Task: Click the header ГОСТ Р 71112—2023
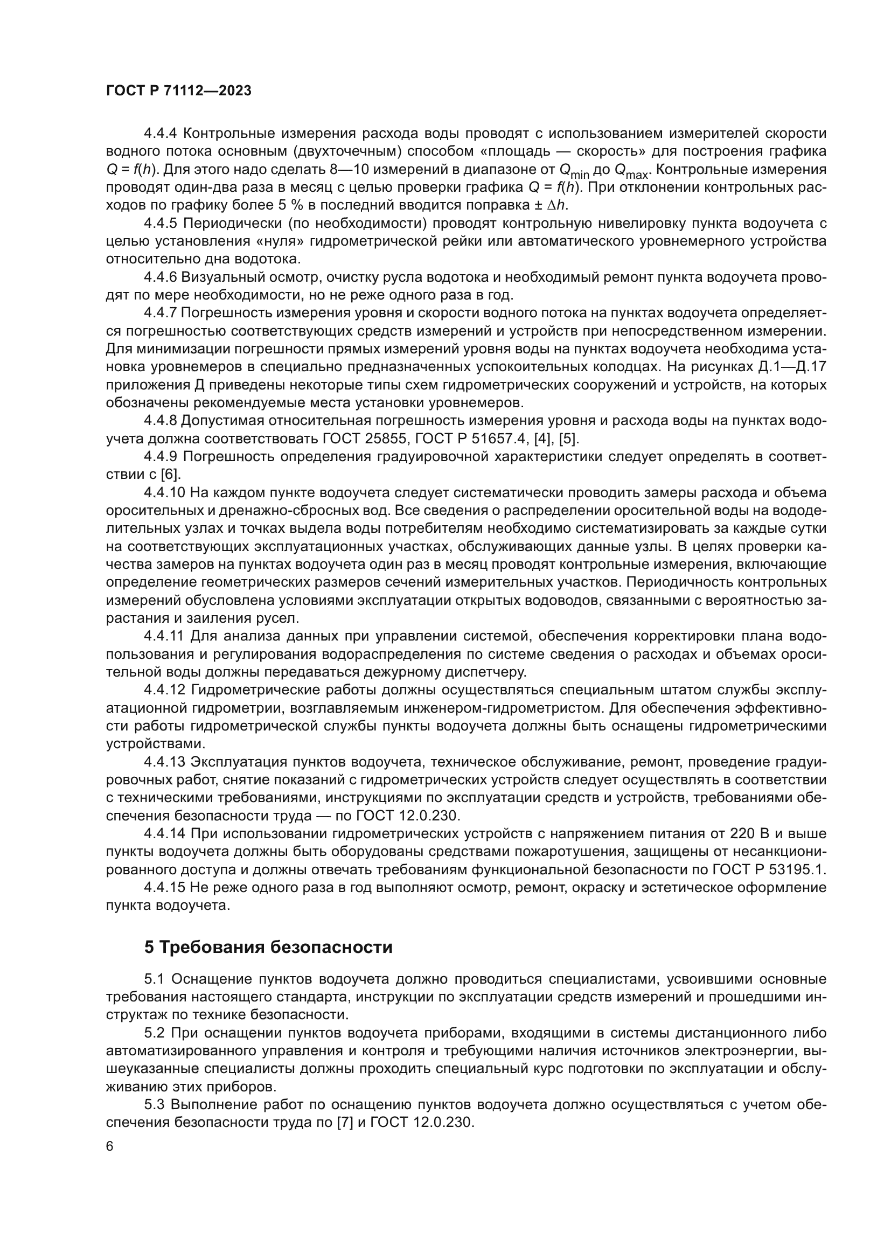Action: [179, 91]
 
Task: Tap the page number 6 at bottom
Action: [110, 1146]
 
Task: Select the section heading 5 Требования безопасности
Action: [268, 947]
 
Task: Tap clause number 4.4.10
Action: [164, 493]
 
